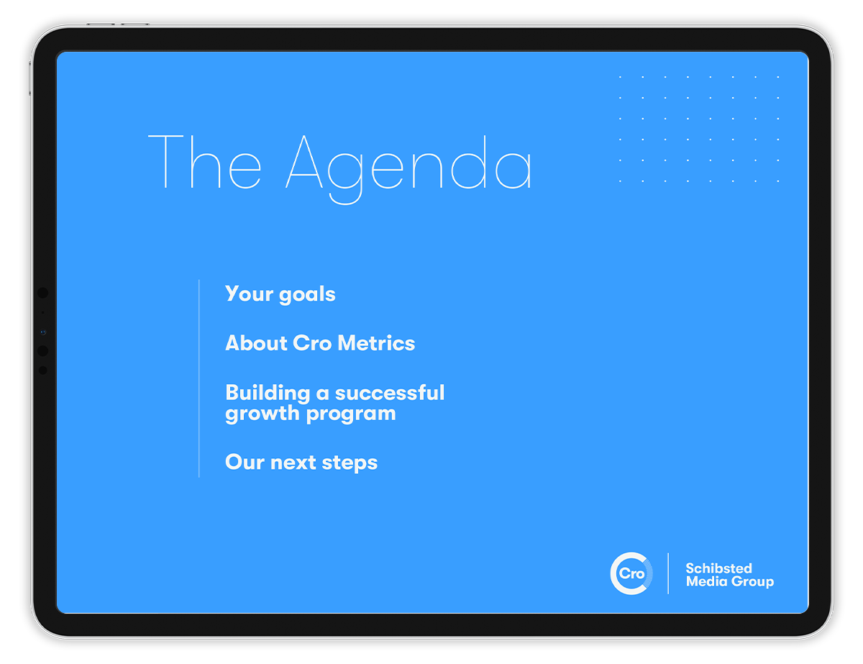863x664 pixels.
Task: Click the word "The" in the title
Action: click(204, 162)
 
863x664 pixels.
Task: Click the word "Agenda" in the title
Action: click(408, 169)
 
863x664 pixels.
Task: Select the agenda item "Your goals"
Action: click(280, 294)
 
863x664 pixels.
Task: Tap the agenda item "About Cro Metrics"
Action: click(320, 343)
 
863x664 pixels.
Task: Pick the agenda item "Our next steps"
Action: click(301, 463)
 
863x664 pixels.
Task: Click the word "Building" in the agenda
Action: click(268, 394)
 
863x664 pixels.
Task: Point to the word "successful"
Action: click(390, 393)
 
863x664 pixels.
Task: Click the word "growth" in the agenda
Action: click(262, 414)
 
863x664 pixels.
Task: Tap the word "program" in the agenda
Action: click(351, 415)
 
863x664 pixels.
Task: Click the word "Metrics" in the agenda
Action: click(376, 343)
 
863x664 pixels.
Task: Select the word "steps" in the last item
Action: click(350, 463)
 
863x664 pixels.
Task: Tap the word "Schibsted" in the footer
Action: click(718, 568)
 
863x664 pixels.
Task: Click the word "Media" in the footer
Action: click(706, 581)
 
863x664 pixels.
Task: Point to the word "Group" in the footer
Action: click(752, 582)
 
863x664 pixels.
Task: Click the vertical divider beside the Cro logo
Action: click(668, 573)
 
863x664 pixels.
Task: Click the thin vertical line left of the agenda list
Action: click(199, 378)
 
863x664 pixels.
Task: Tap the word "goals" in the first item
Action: click(307, 295)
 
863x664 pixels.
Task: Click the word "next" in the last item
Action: click(293, 463)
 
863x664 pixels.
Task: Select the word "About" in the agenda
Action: click(256, 343)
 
